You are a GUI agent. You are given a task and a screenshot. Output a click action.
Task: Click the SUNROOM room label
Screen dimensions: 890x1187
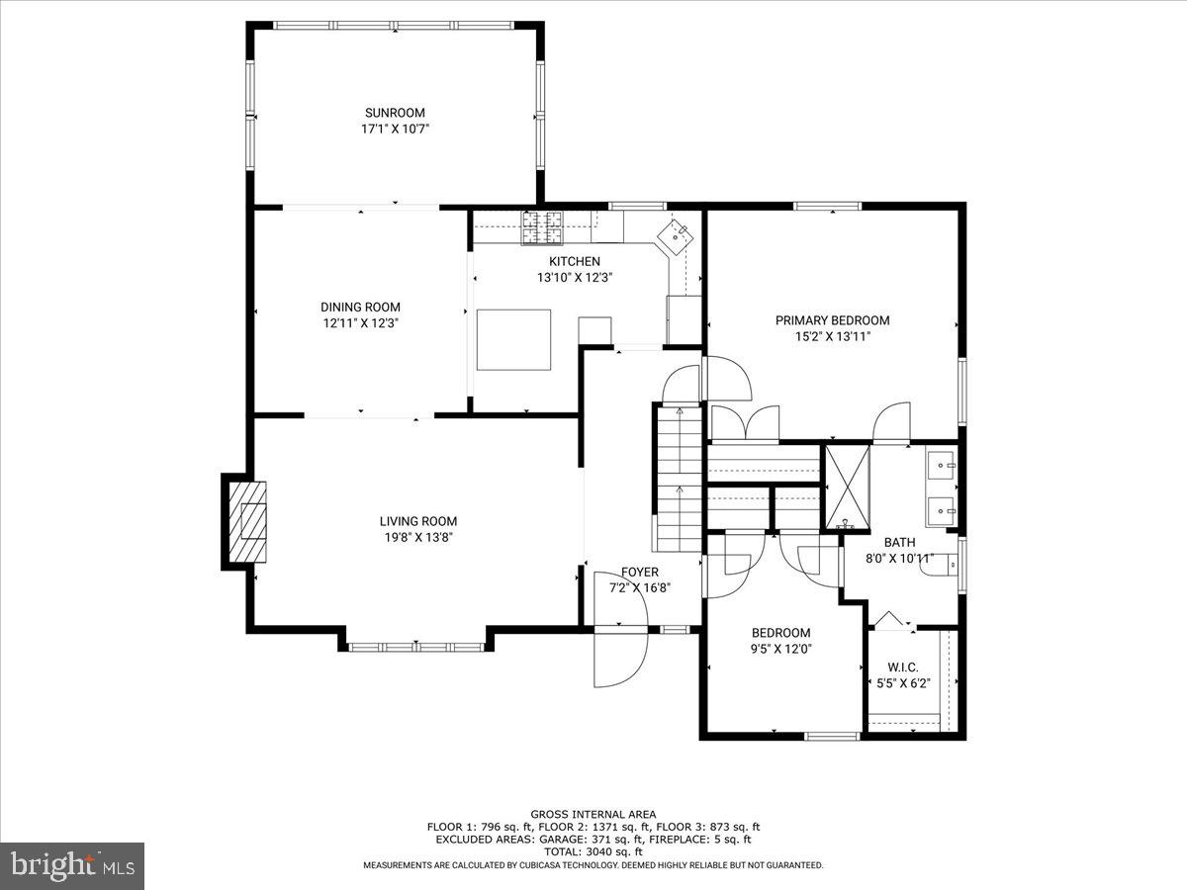click(x=395, y=113)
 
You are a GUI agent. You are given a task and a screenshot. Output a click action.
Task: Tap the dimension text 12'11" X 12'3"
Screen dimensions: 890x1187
click(x=360, y=322)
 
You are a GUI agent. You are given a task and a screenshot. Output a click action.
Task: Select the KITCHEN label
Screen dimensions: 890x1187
click(x=575, y=261)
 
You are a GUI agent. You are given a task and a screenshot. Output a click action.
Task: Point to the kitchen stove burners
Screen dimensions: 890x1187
click(x=541, y=228)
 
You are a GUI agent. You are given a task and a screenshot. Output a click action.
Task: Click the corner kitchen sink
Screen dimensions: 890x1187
click(x=679, y=234)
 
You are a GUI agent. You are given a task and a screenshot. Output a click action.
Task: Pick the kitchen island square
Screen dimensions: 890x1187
click(x=513, y=339)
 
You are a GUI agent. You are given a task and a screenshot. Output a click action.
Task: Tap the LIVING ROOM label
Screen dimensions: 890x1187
click(x=418, y=521)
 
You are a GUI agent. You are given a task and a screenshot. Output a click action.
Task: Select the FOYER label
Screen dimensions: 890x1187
click(x=639, y=572)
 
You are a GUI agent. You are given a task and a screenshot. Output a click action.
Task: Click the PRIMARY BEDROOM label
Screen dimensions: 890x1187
click(x=832, y=320)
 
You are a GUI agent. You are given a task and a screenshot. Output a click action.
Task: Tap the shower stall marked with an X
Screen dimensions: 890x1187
click(x=847, y=486)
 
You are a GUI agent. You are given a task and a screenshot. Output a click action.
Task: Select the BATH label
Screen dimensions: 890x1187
click(x=899, y=542)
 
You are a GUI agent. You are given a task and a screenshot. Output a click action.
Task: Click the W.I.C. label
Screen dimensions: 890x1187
click(x=903, y=667)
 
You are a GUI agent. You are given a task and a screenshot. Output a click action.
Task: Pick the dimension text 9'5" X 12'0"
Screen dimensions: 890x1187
click(x=780, y=649)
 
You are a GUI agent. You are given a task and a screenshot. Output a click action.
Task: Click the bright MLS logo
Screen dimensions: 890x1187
click(x=72, y=866)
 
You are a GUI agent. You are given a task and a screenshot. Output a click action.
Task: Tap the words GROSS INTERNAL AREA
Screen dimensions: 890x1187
click(x=593, y=814)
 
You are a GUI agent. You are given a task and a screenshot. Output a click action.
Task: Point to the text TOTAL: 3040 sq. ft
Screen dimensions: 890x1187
click(x=593, y=851)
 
